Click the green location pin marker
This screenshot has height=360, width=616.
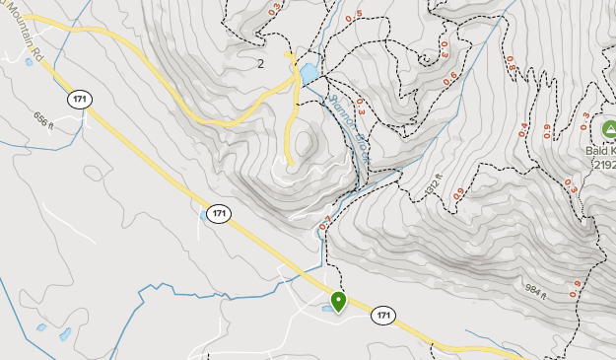pos(338,301)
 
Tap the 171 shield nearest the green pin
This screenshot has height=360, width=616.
pos(383,317)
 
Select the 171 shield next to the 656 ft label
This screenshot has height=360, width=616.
pos(80,100)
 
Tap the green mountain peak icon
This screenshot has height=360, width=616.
pos(609,130)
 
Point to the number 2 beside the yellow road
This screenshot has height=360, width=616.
pos(261,64)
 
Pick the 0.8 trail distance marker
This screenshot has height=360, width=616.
pos(511,63)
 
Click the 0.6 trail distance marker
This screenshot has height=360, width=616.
pos(451,77)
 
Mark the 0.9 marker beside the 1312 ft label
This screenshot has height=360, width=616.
pos(458,195)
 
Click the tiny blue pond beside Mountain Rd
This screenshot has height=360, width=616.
pos(28,62)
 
